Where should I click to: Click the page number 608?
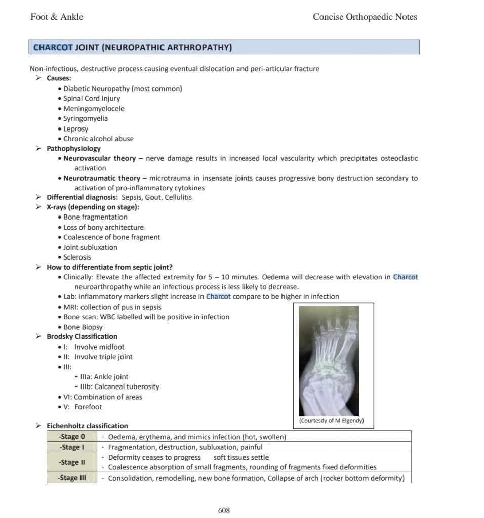tap(224, 510)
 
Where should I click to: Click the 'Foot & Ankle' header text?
tap(57, 17)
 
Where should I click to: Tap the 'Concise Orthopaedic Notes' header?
tap(365, 17)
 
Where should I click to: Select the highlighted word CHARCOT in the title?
tap(53, 48)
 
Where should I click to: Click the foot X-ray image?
tap(329, 360)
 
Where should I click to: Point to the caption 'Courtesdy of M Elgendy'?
tap(332, 421)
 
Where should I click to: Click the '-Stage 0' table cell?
tap(71, 437)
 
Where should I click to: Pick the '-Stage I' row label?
tap(71, 447)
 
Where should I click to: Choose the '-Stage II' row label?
tap(71, 462)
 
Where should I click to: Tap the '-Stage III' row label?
tap(71, 478)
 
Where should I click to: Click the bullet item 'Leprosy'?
tap(75, 128)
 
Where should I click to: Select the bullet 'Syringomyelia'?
tap(86, 118)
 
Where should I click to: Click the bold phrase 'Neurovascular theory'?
tap(100, 158)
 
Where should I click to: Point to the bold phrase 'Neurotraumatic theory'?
tap(102, 178)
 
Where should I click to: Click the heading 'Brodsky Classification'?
tap(82, 336)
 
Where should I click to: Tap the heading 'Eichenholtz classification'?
tap(87, 426)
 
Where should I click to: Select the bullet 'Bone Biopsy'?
tap(83, 327)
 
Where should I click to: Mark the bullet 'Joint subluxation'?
tap(90, 247)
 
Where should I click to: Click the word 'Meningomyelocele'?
tap(94, 108)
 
